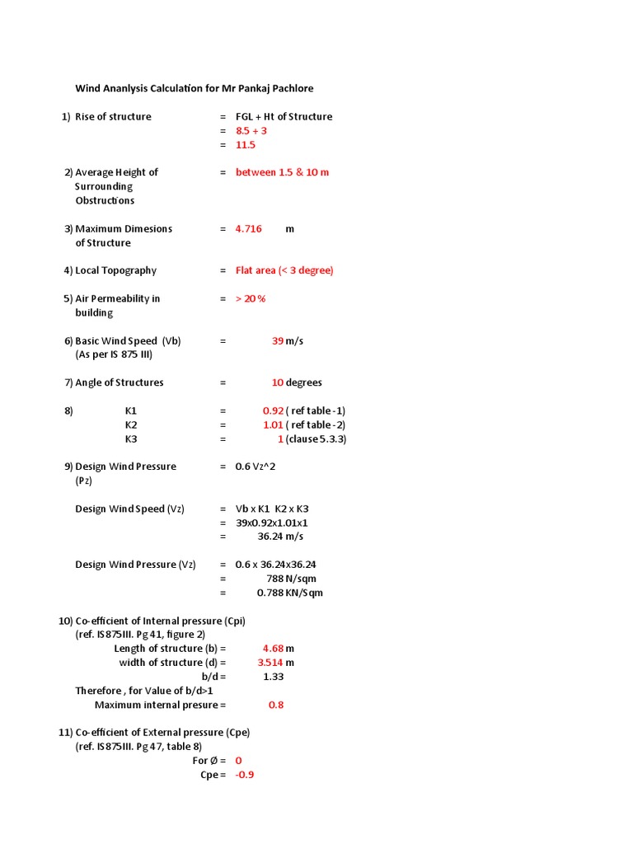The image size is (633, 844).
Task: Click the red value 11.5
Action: [x=246, y=145]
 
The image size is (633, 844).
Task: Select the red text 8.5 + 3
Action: [x=251, y=131]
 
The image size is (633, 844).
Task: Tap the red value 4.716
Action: [x=248, y=229]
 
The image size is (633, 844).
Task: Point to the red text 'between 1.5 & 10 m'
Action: [x=282, y=172]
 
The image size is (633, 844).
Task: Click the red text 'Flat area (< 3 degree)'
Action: [x=284, y=270]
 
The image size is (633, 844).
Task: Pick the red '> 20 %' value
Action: [x=251, y=298]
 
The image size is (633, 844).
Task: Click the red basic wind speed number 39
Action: [x=278, y=341]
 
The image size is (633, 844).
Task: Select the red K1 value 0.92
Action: [x=274, y=410]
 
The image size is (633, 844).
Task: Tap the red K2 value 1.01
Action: [x=274, y=424]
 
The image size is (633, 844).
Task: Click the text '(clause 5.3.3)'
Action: [x=316, y=439]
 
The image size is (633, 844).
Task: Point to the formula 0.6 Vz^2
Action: [x=254, y=467]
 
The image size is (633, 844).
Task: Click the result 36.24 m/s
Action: [x=280, y=537]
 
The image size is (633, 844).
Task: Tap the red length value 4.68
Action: [x=273, y=649]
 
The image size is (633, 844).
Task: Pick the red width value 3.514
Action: [x=270, y=663]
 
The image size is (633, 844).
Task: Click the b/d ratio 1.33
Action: [x=274, y=677]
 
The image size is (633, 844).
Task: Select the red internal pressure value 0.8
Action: [x=276, y=706]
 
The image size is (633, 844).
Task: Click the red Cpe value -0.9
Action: [x=245, y=776]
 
